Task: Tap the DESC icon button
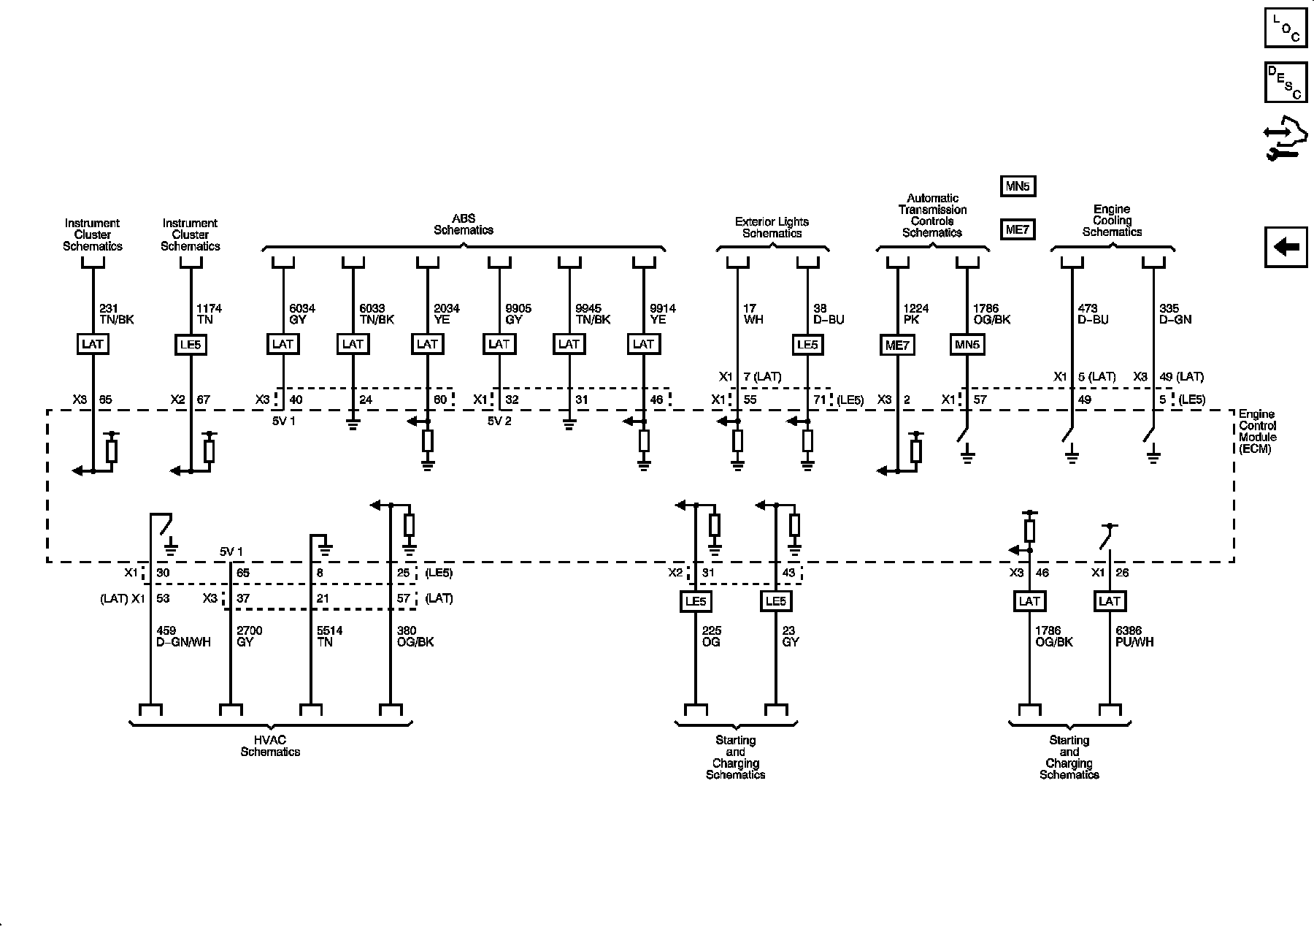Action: (x=1286, y=83)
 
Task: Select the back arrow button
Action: (x=1286, y=247)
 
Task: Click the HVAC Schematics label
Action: (x=270, y=746)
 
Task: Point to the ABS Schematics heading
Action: (x=464, y=224)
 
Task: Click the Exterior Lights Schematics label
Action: (x=772, y=227)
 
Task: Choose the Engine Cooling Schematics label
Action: (x=1112, y=221)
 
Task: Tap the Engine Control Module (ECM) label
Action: (x=1258, y=432)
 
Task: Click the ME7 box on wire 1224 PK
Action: (x=896, y=345)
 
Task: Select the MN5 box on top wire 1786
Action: (x=967, y=345)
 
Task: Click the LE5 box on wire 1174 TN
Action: (x=191, y=344)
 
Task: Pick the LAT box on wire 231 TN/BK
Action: (x=93, y=344)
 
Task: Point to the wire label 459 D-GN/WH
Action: (x=184, y=636)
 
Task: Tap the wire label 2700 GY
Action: (x=250, y=636)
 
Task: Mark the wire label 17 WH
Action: (x=753, y=314)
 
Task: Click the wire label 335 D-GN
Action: (x=1175, y=314)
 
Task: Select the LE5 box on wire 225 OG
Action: (x=695, y=601)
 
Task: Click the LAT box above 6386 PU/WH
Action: (x=1109, y=601)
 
